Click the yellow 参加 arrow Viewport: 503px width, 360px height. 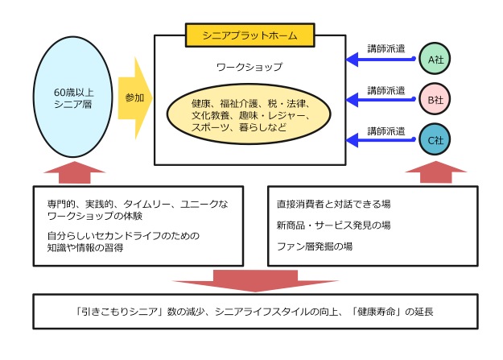[135, 97]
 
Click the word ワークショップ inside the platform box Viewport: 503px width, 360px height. [249, 68]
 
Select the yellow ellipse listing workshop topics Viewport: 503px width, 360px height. [249, 115]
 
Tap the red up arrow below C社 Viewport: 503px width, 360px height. [435, 172]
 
